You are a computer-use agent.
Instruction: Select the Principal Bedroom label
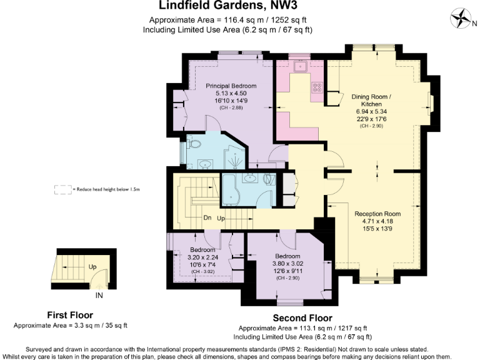pyautogui.click(x=231, y=86)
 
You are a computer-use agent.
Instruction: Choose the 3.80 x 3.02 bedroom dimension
pyautogui.click(x=288, y=263)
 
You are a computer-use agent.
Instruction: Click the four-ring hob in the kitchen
pyautogui.click(x=317, y=88)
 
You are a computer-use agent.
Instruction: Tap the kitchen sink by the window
pyautogui.click(x=300, y=65)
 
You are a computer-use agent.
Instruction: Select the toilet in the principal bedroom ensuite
pyautogui.click(x=194, y=144)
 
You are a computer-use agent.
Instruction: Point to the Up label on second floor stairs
pyautogui.click(x=221, y=218)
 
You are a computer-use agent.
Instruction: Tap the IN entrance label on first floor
pyautogui.click(x=99, y=294)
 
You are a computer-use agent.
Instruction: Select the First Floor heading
pyautogui.click(x=71, y=315)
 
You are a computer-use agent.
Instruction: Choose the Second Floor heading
pyautogui.click(x=303, y=318)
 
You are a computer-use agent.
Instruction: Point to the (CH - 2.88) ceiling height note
pyautogui.click(x=231, y=108)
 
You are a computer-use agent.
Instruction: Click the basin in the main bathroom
pyautogui.click(x=252, y=177)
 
